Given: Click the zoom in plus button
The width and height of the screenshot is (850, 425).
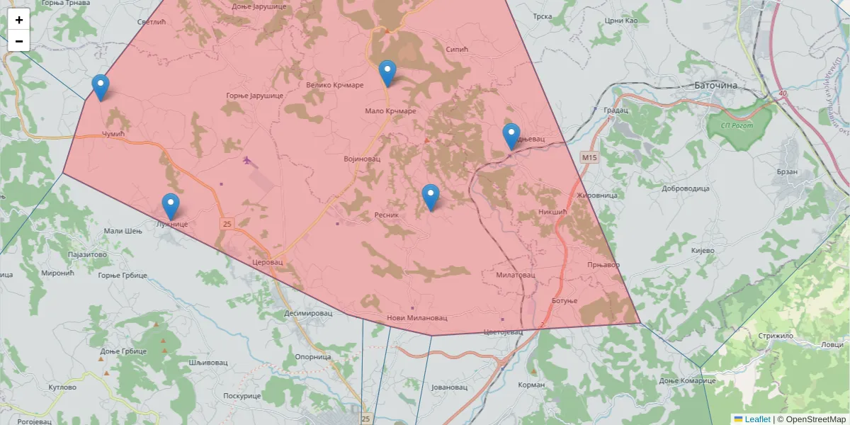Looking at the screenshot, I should (x=19, y=20).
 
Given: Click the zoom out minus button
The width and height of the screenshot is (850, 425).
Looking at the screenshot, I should (x=19, y=41).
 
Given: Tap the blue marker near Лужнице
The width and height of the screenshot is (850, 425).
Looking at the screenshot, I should (x=170, y=206).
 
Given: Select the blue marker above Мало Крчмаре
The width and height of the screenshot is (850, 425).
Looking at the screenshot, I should (x=387, y=73).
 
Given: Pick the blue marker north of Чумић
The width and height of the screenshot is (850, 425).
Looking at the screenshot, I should (x=101, y=87).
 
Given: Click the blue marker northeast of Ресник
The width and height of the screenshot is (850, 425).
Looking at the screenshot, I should (x=430, y=197).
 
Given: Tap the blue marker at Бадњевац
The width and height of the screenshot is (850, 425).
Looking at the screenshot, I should (x=511, y=136).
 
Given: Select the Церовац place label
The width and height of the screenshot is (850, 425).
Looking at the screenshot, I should (x=267, y=262).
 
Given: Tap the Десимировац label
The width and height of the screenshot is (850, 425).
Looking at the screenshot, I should (x=308, y=313).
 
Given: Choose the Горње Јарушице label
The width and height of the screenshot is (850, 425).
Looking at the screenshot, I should (x=254, y=96).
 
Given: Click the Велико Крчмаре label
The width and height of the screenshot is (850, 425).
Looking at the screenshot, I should (x=334, y=85).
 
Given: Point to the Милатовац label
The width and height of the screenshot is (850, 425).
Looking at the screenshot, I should (x=515, y=275).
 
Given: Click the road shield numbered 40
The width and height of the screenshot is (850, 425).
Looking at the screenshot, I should (x=782, y=93).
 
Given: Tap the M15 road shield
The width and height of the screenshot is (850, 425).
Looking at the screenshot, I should (x=589, y=157).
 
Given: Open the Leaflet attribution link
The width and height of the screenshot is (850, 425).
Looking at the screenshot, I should (x=757, y=419).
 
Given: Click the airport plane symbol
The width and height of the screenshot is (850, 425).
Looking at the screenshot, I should (x=246, y=160).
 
